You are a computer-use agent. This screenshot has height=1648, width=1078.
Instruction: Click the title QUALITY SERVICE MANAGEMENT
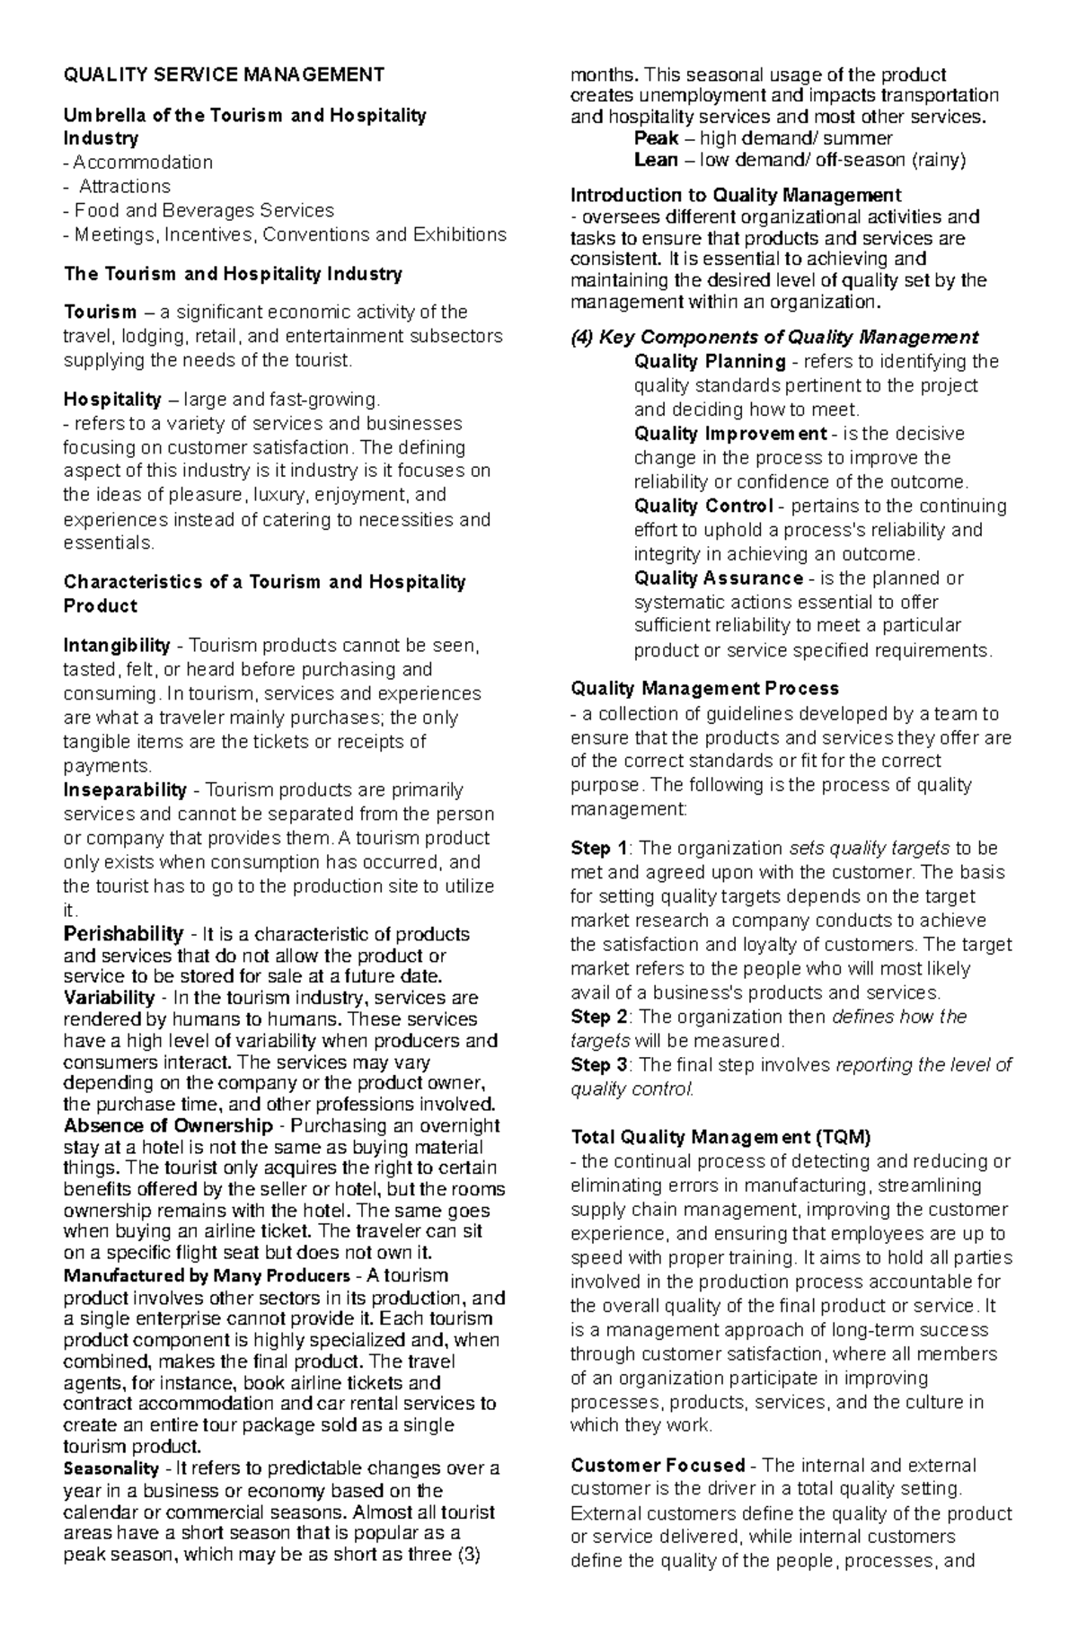(224, 75)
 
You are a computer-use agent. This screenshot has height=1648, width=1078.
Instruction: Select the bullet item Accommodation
(143, 163)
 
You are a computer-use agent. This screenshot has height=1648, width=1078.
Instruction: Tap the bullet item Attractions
(124, 187)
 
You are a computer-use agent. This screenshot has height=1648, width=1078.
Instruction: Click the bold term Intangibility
(117, 646)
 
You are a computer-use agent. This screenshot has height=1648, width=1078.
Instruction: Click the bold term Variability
(110, 998)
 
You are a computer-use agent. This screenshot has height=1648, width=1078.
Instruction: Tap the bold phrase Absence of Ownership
(168, 1126)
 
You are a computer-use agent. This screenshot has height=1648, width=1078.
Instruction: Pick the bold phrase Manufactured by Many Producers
(207, 1276)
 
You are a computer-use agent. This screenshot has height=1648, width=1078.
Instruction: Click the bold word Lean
(656, 160)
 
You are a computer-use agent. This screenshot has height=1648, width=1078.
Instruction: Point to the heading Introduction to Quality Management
(736, 195)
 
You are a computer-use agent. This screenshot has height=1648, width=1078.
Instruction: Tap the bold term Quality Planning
(710, 362)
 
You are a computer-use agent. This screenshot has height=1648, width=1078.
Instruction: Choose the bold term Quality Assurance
(718, 578)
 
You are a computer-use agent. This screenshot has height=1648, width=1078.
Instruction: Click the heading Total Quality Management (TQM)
(721, 1138)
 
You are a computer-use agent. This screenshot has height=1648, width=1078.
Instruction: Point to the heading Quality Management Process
(704, 689)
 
